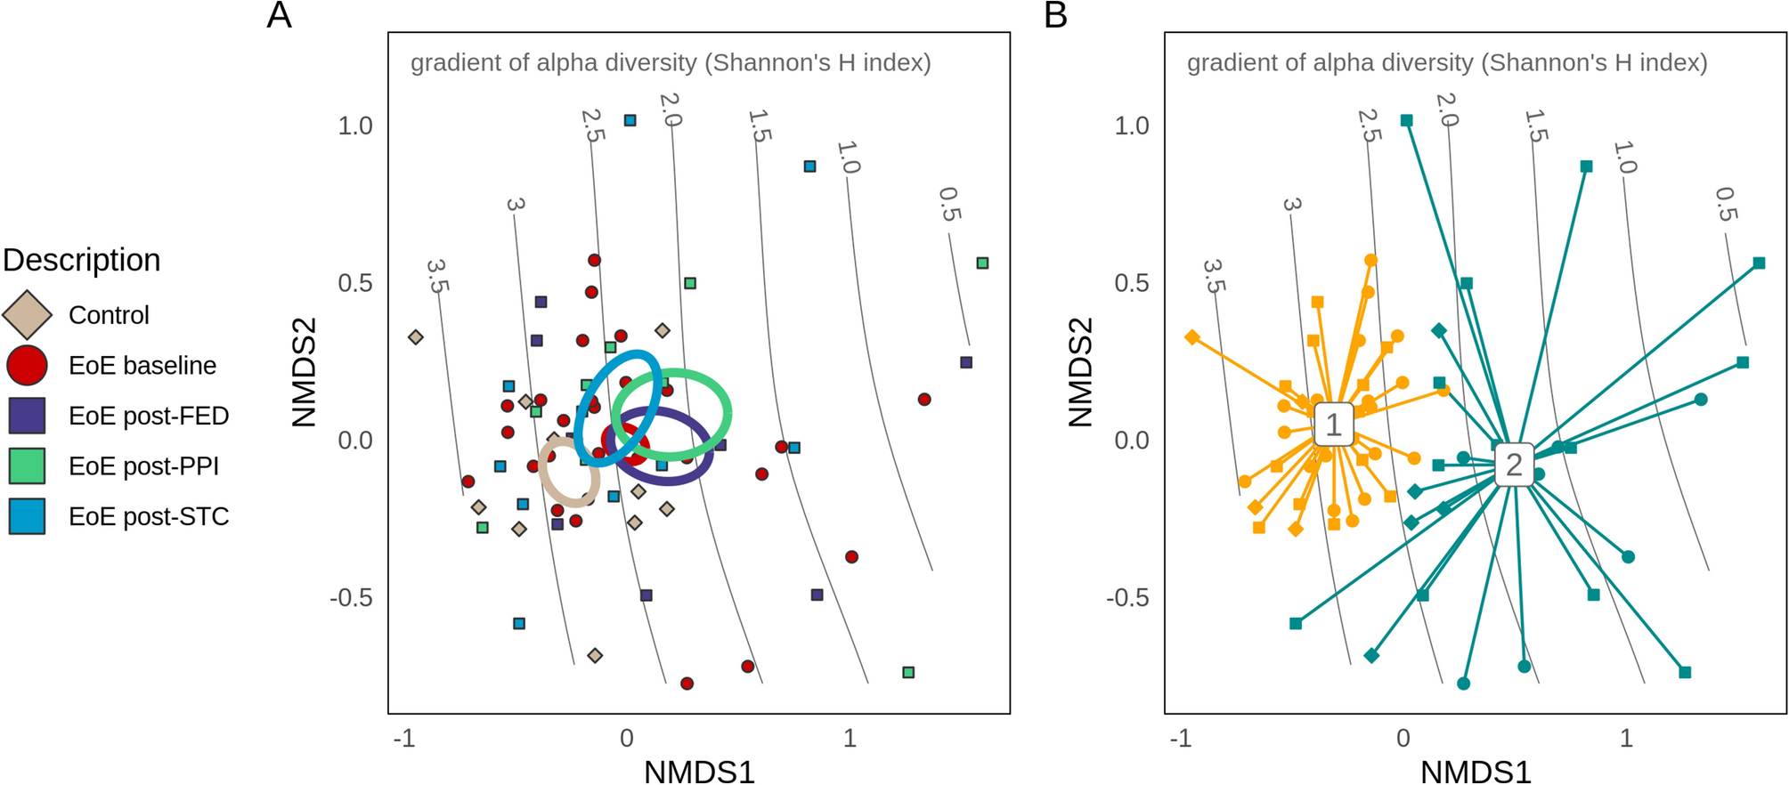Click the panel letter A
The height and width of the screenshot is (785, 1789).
point(279,15)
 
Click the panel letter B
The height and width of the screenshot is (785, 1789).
point(1055,15)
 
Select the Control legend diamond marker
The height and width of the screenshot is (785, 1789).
point(27,315)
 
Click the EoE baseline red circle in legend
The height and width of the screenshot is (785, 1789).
point(27,366)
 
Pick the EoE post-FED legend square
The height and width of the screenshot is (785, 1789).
point(27,416)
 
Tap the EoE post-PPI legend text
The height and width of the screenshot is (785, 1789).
point(143,466)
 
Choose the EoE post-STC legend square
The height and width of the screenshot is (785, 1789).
point(27,516)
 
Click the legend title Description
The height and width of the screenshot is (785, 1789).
point(82,260)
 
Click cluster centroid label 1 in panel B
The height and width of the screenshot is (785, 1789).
point(1333,425)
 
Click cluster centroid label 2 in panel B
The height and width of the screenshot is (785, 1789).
point(1514,465)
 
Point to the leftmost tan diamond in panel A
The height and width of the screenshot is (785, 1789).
point(415,337)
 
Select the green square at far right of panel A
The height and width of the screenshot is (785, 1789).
point(982,263)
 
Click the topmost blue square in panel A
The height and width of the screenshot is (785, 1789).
point(630,120)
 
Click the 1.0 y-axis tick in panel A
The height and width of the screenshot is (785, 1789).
point(354,126)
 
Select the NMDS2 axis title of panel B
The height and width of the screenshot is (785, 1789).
point(1080,373)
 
